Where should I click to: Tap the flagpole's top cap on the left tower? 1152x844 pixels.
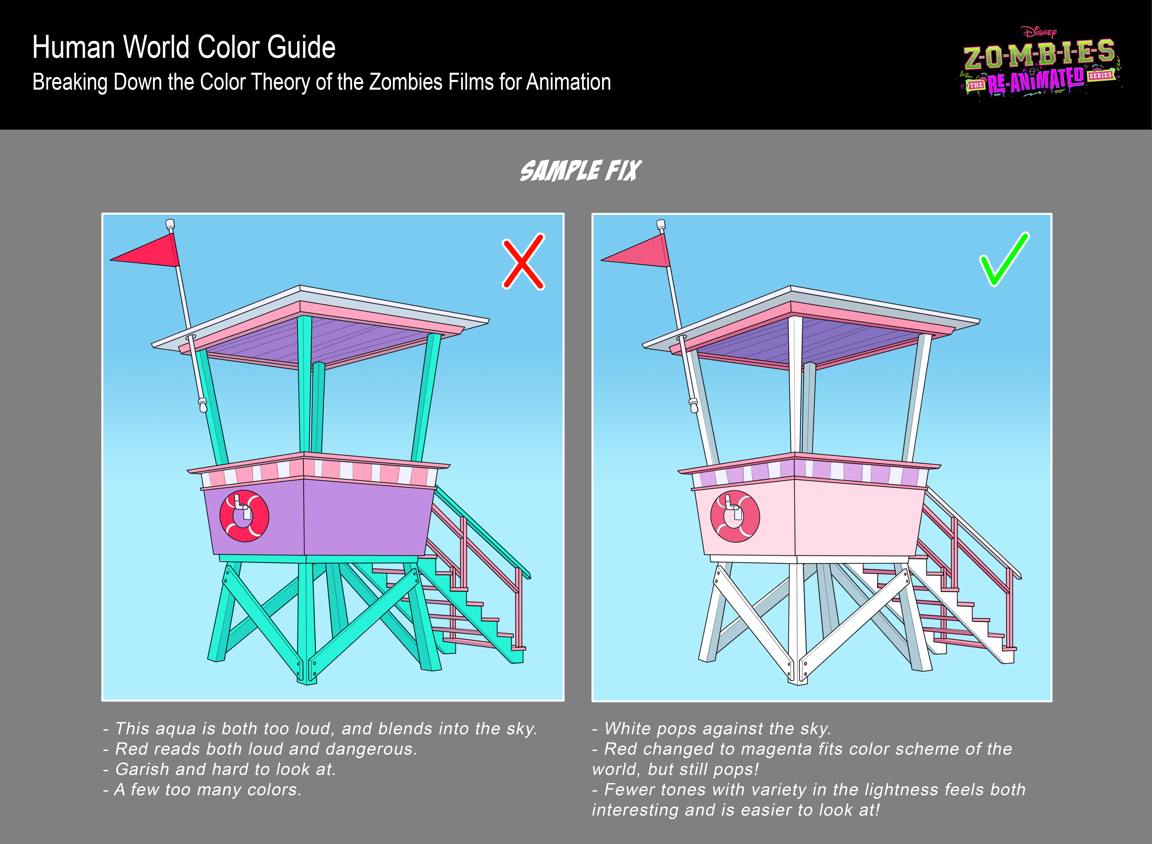(x=170, y=224)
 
